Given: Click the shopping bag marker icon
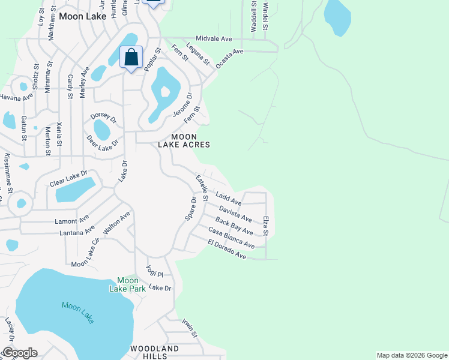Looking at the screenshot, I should pos(131,58).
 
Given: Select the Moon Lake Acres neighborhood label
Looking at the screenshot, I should pos(184,140).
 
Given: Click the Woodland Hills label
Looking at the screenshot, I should pos(154,352).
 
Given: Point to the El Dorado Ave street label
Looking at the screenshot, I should pos(227,249).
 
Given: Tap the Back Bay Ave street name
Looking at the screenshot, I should pos(234,226).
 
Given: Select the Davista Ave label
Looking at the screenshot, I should pos(235,214).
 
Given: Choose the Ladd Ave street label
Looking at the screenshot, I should pos(228,199).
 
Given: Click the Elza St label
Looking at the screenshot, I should pos(265,226).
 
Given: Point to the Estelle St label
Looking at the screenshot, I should pos(202,188).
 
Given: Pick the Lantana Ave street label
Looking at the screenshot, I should pos(77,230).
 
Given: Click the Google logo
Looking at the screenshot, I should pos(19,353).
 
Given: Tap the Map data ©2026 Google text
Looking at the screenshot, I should pos(412,355).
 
